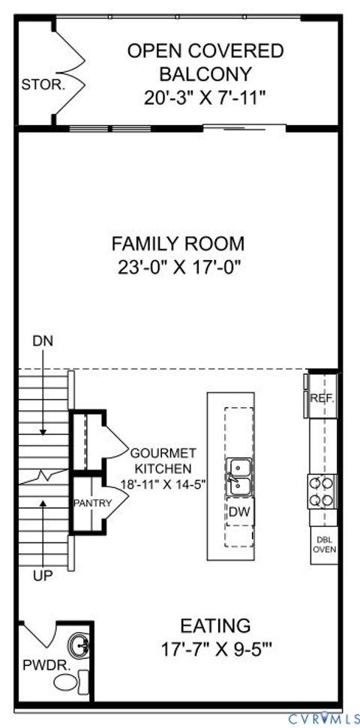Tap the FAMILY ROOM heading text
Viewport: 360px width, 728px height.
[x=178, y=244]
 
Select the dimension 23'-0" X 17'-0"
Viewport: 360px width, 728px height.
[x=178, y=267]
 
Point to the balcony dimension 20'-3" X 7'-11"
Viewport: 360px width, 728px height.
[x=205, y=97]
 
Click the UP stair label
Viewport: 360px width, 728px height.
[x=42, y=576]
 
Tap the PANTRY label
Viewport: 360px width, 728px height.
[x=92, y=503]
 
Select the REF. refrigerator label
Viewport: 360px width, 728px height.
[x=322, y=400]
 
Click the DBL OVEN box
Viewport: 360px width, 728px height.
[x=324, y=544]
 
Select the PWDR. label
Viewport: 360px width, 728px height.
[x=36, y=664]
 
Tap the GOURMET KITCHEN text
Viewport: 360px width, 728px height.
[x=163, y=460]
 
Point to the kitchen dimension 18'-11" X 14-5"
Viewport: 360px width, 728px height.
[x=163, y=484]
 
